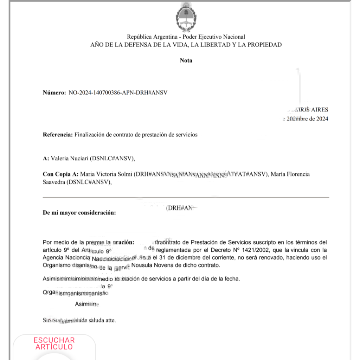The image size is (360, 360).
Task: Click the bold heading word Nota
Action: click(186, 60)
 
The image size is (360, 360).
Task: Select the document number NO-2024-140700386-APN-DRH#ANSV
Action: click(118, 93)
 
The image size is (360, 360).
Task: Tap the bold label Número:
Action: click(54, 93)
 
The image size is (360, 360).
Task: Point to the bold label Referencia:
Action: click(58, 135)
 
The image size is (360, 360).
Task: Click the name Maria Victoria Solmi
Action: click(107, 174)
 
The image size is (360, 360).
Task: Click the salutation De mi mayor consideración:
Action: click(79, 213)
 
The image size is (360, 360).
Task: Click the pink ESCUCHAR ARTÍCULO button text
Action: click(54, 343)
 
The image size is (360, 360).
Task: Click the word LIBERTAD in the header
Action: click(212, 45)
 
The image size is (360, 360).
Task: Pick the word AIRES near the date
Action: click(320, 110)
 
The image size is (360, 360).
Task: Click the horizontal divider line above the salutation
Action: click(186, 197)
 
